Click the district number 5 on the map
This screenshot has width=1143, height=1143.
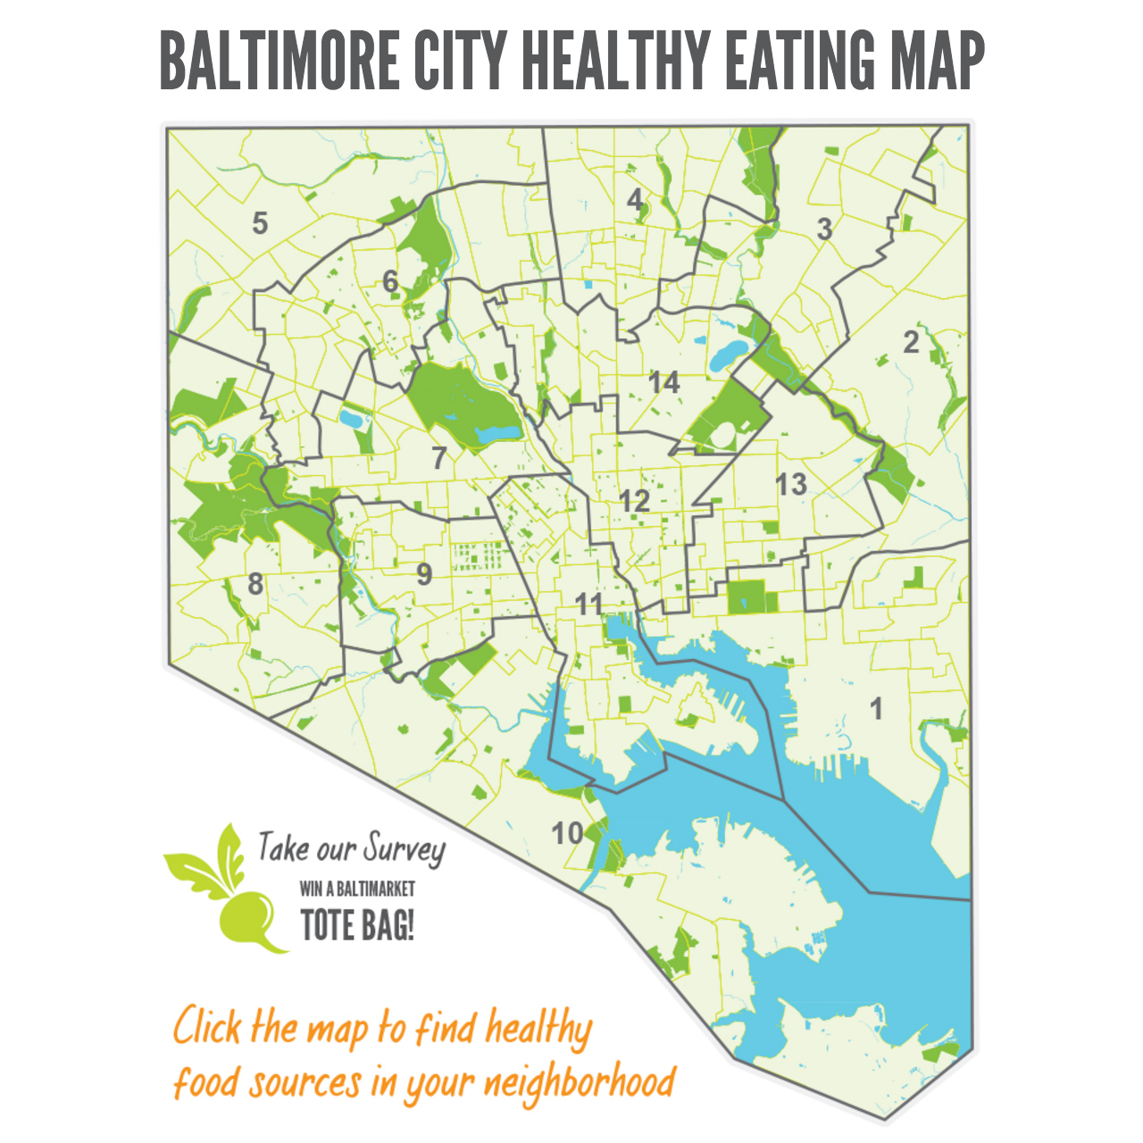pos(260,222)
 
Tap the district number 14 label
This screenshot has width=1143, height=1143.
pos(664,383)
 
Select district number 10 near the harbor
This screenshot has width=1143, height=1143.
pos(567,833)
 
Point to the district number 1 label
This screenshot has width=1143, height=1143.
pos(877,709)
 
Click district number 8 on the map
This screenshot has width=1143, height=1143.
pos(255,584)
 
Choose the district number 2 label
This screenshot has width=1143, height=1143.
pos(911,342)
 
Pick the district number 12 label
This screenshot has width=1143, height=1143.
pos(635,501)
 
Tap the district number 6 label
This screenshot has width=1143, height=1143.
pos(390,282)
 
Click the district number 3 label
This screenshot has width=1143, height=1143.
pos(824,229)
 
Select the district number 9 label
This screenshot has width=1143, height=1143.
pos(424,574)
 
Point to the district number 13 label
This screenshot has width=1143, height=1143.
pos(791,485)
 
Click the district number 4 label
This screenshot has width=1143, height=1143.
pos(635,199)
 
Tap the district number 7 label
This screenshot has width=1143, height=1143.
pos(438,458)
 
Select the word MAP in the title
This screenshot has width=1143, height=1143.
pos(937,60)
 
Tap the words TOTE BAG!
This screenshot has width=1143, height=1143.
pos(357,924)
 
